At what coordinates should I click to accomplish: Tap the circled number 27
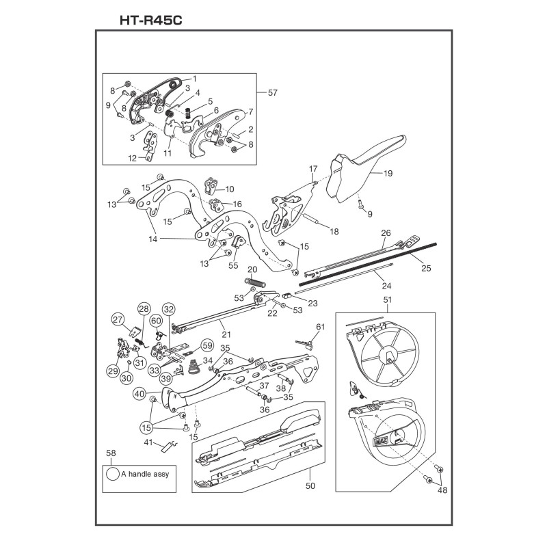pyautogui.click(x=118, y=319)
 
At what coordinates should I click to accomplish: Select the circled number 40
pyautogui.click(x=139, y=394)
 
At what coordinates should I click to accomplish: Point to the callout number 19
pyautogui.click(x=388, y=174)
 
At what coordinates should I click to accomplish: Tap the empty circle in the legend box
pyautogui.click(x=112, y=473)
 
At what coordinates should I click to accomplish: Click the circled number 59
pyautogui.click(x=207, y=345)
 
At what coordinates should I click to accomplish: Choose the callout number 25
pyautogui.click(x=426, y=268)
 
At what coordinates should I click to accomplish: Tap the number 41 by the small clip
pyautogui.click(x=148, y=442)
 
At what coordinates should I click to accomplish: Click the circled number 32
pyautogui.click(x=168, y=308)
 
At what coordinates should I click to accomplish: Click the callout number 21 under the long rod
pyautogui.click(x=226, y=334)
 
